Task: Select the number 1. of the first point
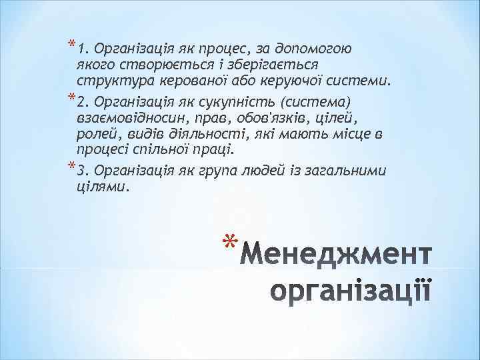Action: click(x=83, y=49)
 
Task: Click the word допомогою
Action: click(x=323, y=49)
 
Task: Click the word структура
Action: click(x=115, y=82)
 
